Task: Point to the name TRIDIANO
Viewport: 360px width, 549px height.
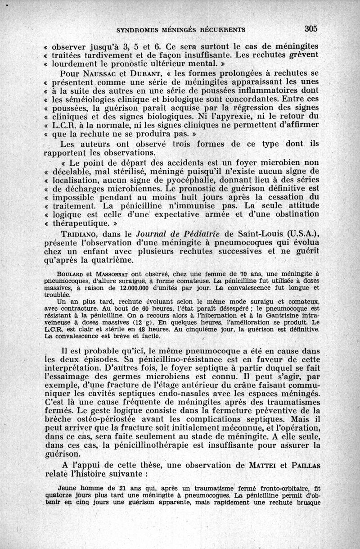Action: [x=80, y=234]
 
